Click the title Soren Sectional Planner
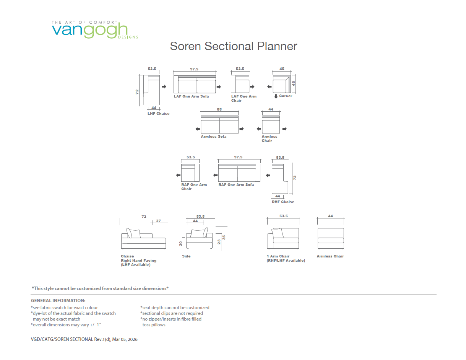[x=233, y=46]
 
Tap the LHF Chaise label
[x=158, y=114]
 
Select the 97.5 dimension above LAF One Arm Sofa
[x=194, y=69]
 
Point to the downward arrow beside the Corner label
[x=276, y=96]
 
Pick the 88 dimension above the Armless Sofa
[x=219, y=109]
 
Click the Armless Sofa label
[x=213, y=137]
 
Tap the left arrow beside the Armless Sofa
[x=198, y=129]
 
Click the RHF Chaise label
[x=283, y=202]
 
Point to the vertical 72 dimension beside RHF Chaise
[x=295, y=178]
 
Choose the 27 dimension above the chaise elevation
[x=158, y=221]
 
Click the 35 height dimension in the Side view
[x=224, y=237]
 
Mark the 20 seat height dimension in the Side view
[x=180, y=243]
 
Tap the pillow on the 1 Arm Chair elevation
[x=278, y=233]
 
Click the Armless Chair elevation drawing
[x=331, y=238]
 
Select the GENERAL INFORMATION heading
[x=58, y=301]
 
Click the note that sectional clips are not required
[x=172, y=313]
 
